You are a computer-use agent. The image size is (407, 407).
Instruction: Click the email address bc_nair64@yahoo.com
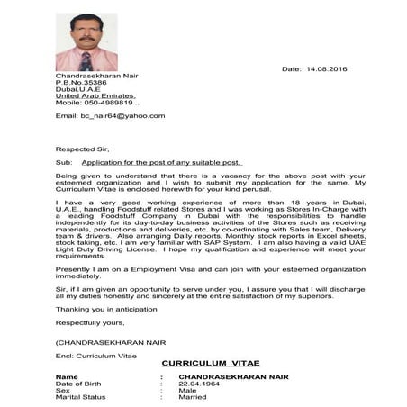click(x=110, y=116)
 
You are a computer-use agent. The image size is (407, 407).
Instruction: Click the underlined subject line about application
click(x=167, y=163)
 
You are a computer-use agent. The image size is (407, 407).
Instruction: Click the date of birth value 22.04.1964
click(x=200, y=383)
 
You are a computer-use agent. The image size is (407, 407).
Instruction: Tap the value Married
click(x=193, y=396)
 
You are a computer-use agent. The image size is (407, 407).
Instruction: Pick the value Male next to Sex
click(x=188, y=390)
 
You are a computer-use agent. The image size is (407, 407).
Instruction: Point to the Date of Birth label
click(x=78, y=383)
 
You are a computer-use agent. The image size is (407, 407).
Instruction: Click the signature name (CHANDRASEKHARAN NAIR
click(x=107, y=342)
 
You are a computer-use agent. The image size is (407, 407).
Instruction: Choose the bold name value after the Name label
click(x=233, y=375)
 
